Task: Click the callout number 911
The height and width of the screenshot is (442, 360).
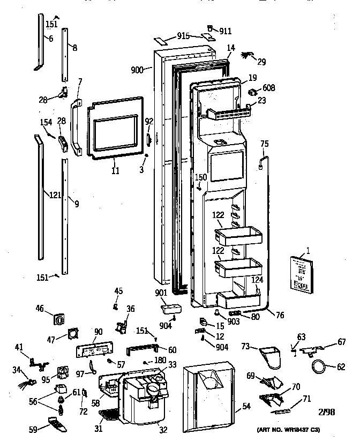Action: click(x=226, y=32)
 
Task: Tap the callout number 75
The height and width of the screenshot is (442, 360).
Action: click(x=264, y=143)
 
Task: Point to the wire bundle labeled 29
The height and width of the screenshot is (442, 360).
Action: click(x=247, y=55)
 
